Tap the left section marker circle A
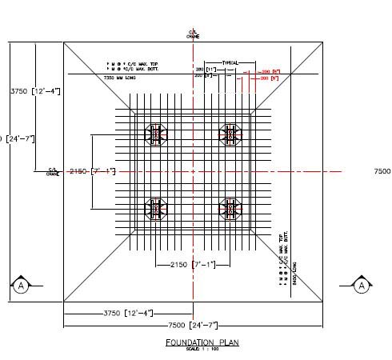point(21,285)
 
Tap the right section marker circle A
point(361,285)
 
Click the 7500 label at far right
point(382,171)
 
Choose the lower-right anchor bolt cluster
point(230,210)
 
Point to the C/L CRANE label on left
point(53,171)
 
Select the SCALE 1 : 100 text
point(202,349)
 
